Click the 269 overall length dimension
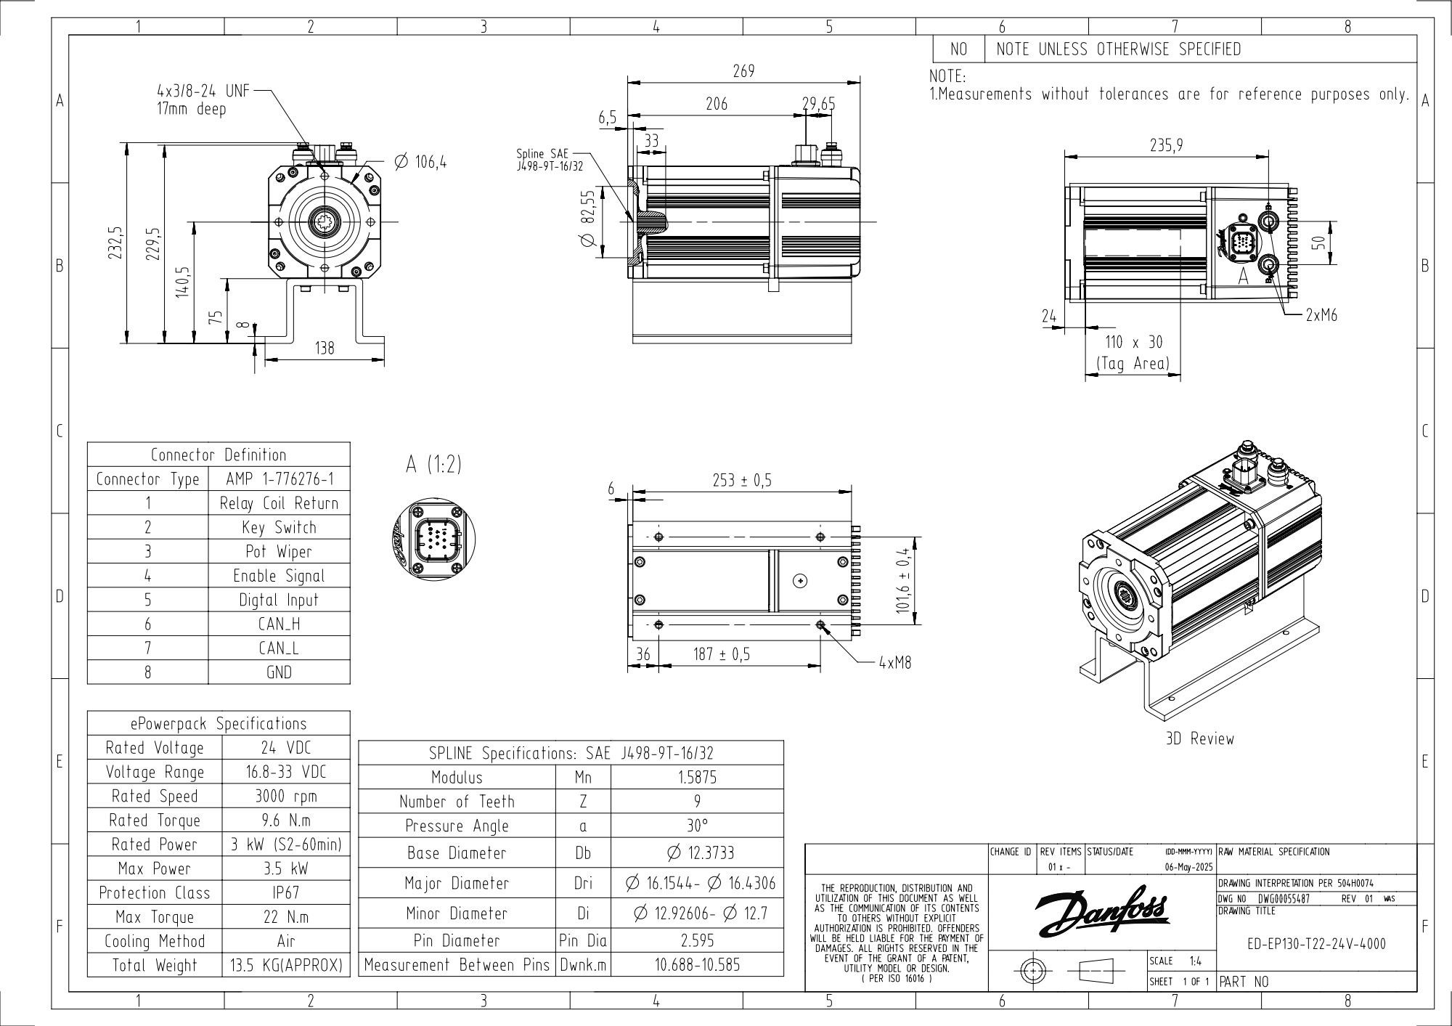[x=743, y=71]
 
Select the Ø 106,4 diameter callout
[x=420, y=161]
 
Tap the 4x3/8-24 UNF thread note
[x=203, y=91]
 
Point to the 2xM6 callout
[x=1321, y=315]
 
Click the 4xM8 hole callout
[x=894, y=662]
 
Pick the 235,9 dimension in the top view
[x=1166, y=145]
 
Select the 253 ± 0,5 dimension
[x=741, y=480]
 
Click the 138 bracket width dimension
[x=325, y=348]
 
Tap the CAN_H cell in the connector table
[x=279, y=624]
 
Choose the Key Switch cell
[x=279, y=527]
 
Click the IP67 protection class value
[x=286, y=892]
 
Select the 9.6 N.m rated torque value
[x=286, y=820]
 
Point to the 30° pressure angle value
[x=697, y=826]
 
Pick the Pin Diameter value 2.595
[x=697, y=940]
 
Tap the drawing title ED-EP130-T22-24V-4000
[x=1316, y=944]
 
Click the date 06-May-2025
[x=1183, y=867]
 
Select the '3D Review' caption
[x=1199, y=738]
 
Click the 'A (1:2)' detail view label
[x=433, y=465]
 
